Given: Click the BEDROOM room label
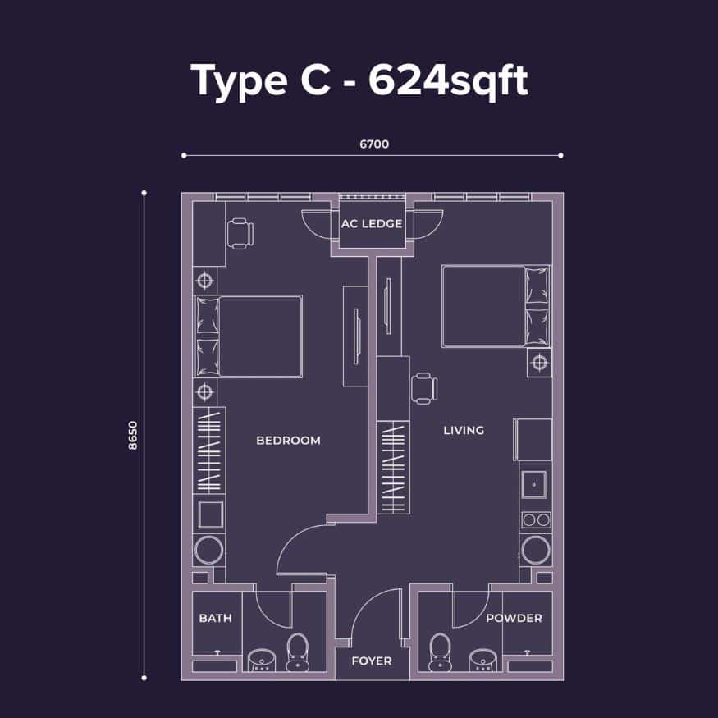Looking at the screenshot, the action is pyautogui.click(x=288, y=441).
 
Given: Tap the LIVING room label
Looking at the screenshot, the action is pyautogui.click(x=464, y=431).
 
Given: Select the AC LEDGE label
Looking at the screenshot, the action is pyautogui.click(x=372, y=224).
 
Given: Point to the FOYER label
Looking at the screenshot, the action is pyautogui.click(x=372, y=661).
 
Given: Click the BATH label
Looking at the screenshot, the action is pyautogui.click(x=215, y=618).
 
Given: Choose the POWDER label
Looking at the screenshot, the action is pyautogui.click(x=514, y=618).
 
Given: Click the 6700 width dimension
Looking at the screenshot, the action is pyautogui.click(x=374, y=144).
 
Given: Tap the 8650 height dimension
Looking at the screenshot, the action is pyautogui.click(x=133, y=436).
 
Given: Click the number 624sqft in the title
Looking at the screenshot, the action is pyautogui.click(x=448, y=80).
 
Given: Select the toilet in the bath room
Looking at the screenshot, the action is pyautogui.click(x=298, y=652).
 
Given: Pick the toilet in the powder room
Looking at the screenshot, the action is pyautogui.click(x=440, y=652).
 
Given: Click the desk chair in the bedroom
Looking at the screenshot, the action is pyautogui.click(x=240, y=234).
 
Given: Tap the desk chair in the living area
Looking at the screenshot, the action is pyautogui.click(x=424, y=389).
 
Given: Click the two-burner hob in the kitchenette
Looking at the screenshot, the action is pyautogui.click(x=537, y=519).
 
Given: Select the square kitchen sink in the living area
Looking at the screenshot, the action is pyautogui.click(x=534, y=484).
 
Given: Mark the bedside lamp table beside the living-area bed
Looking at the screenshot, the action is pyautogui.click(x=539, y=364).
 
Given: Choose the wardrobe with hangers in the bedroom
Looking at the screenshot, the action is pyautogui.click(x=208, y=450).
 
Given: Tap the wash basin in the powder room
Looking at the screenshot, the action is pyautogui.click(x=482, y=661).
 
